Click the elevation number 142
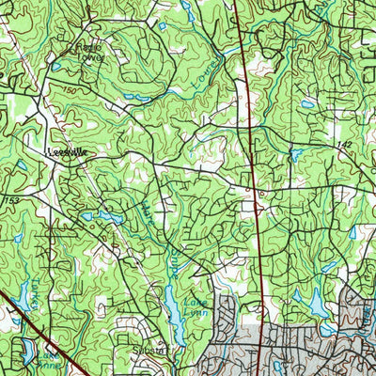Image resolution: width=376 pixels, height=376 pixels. [x=348, y=144]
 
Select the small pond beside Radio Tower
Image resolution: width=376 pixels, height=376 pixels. [x=57, y=67]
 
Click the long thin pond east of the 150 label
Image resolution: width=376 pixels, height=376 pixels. [x=136, y=97]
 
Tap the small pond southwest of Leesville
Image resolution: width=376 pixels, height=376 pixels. [x=21, y=166]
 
